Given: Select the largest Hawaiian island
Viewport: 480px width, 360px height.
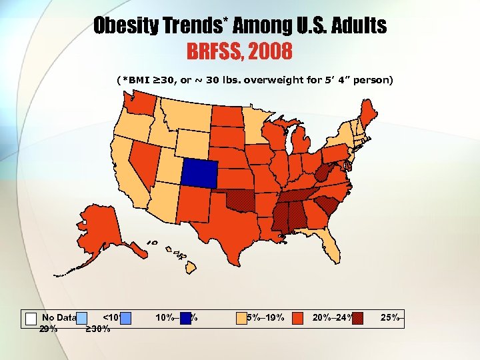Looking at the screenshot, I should tap(189, 267).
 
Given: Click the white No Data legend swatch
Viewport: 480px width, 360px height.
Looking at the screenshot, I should tap(31, 318).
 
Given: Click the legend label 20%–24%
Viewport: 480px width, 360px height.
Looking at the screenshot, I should tap(332, 317).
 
